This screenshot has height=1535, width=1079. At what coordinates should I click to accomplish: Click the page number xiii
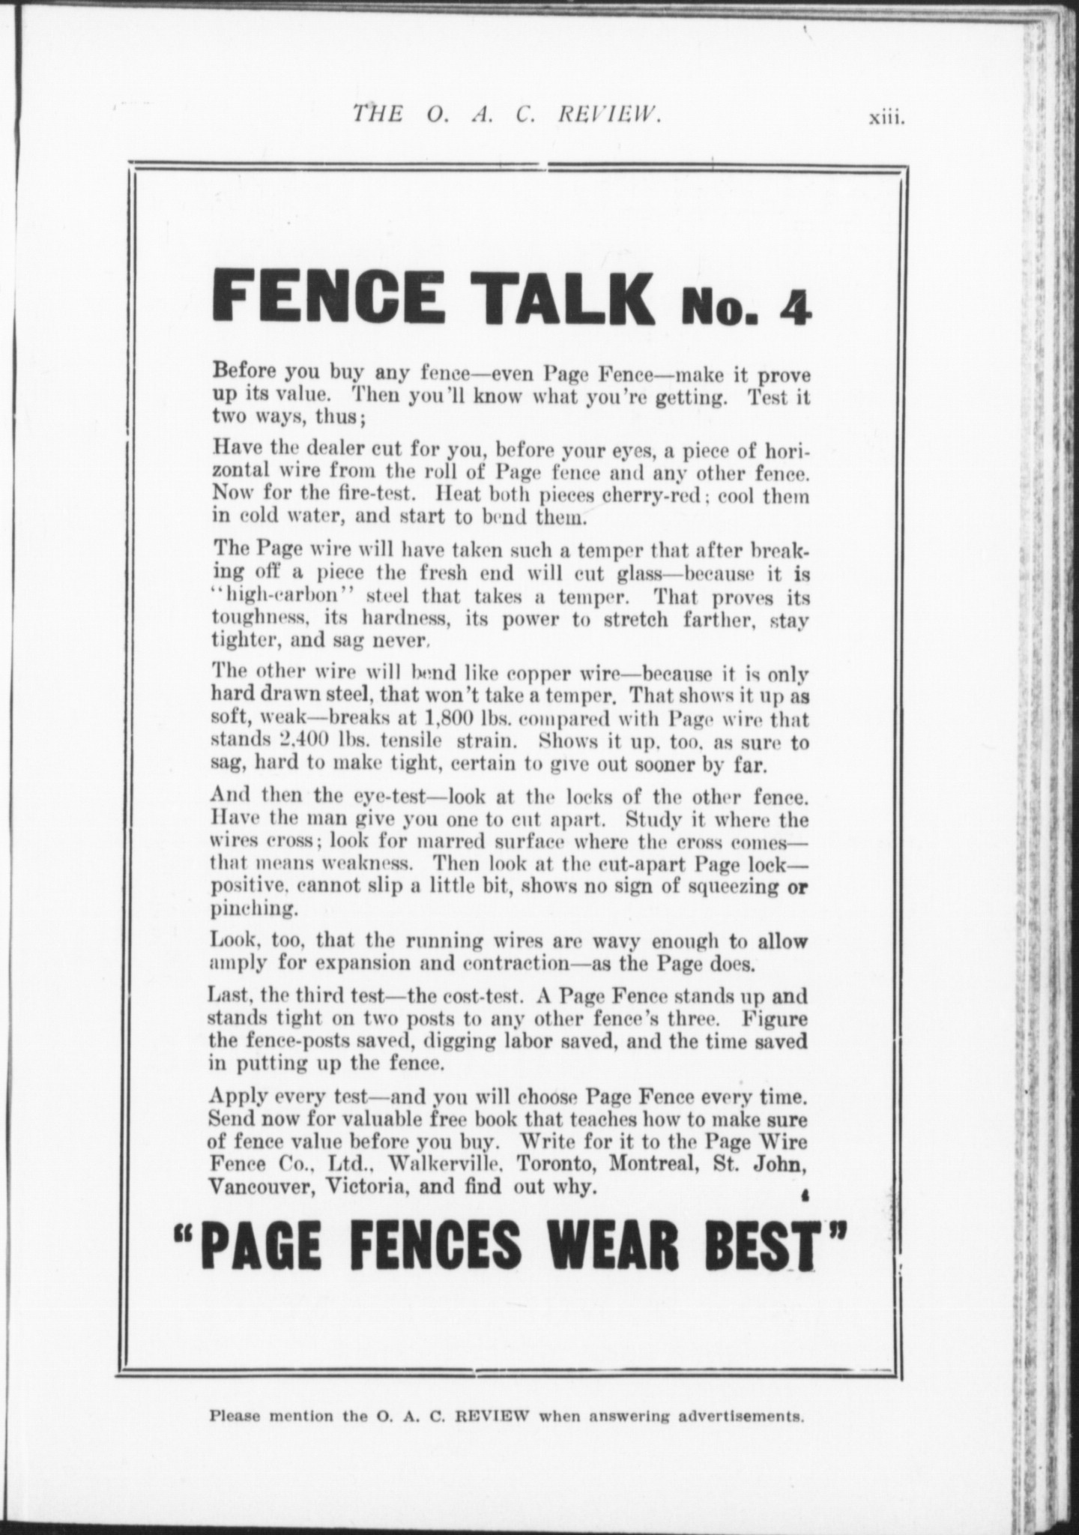[886, 118]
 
